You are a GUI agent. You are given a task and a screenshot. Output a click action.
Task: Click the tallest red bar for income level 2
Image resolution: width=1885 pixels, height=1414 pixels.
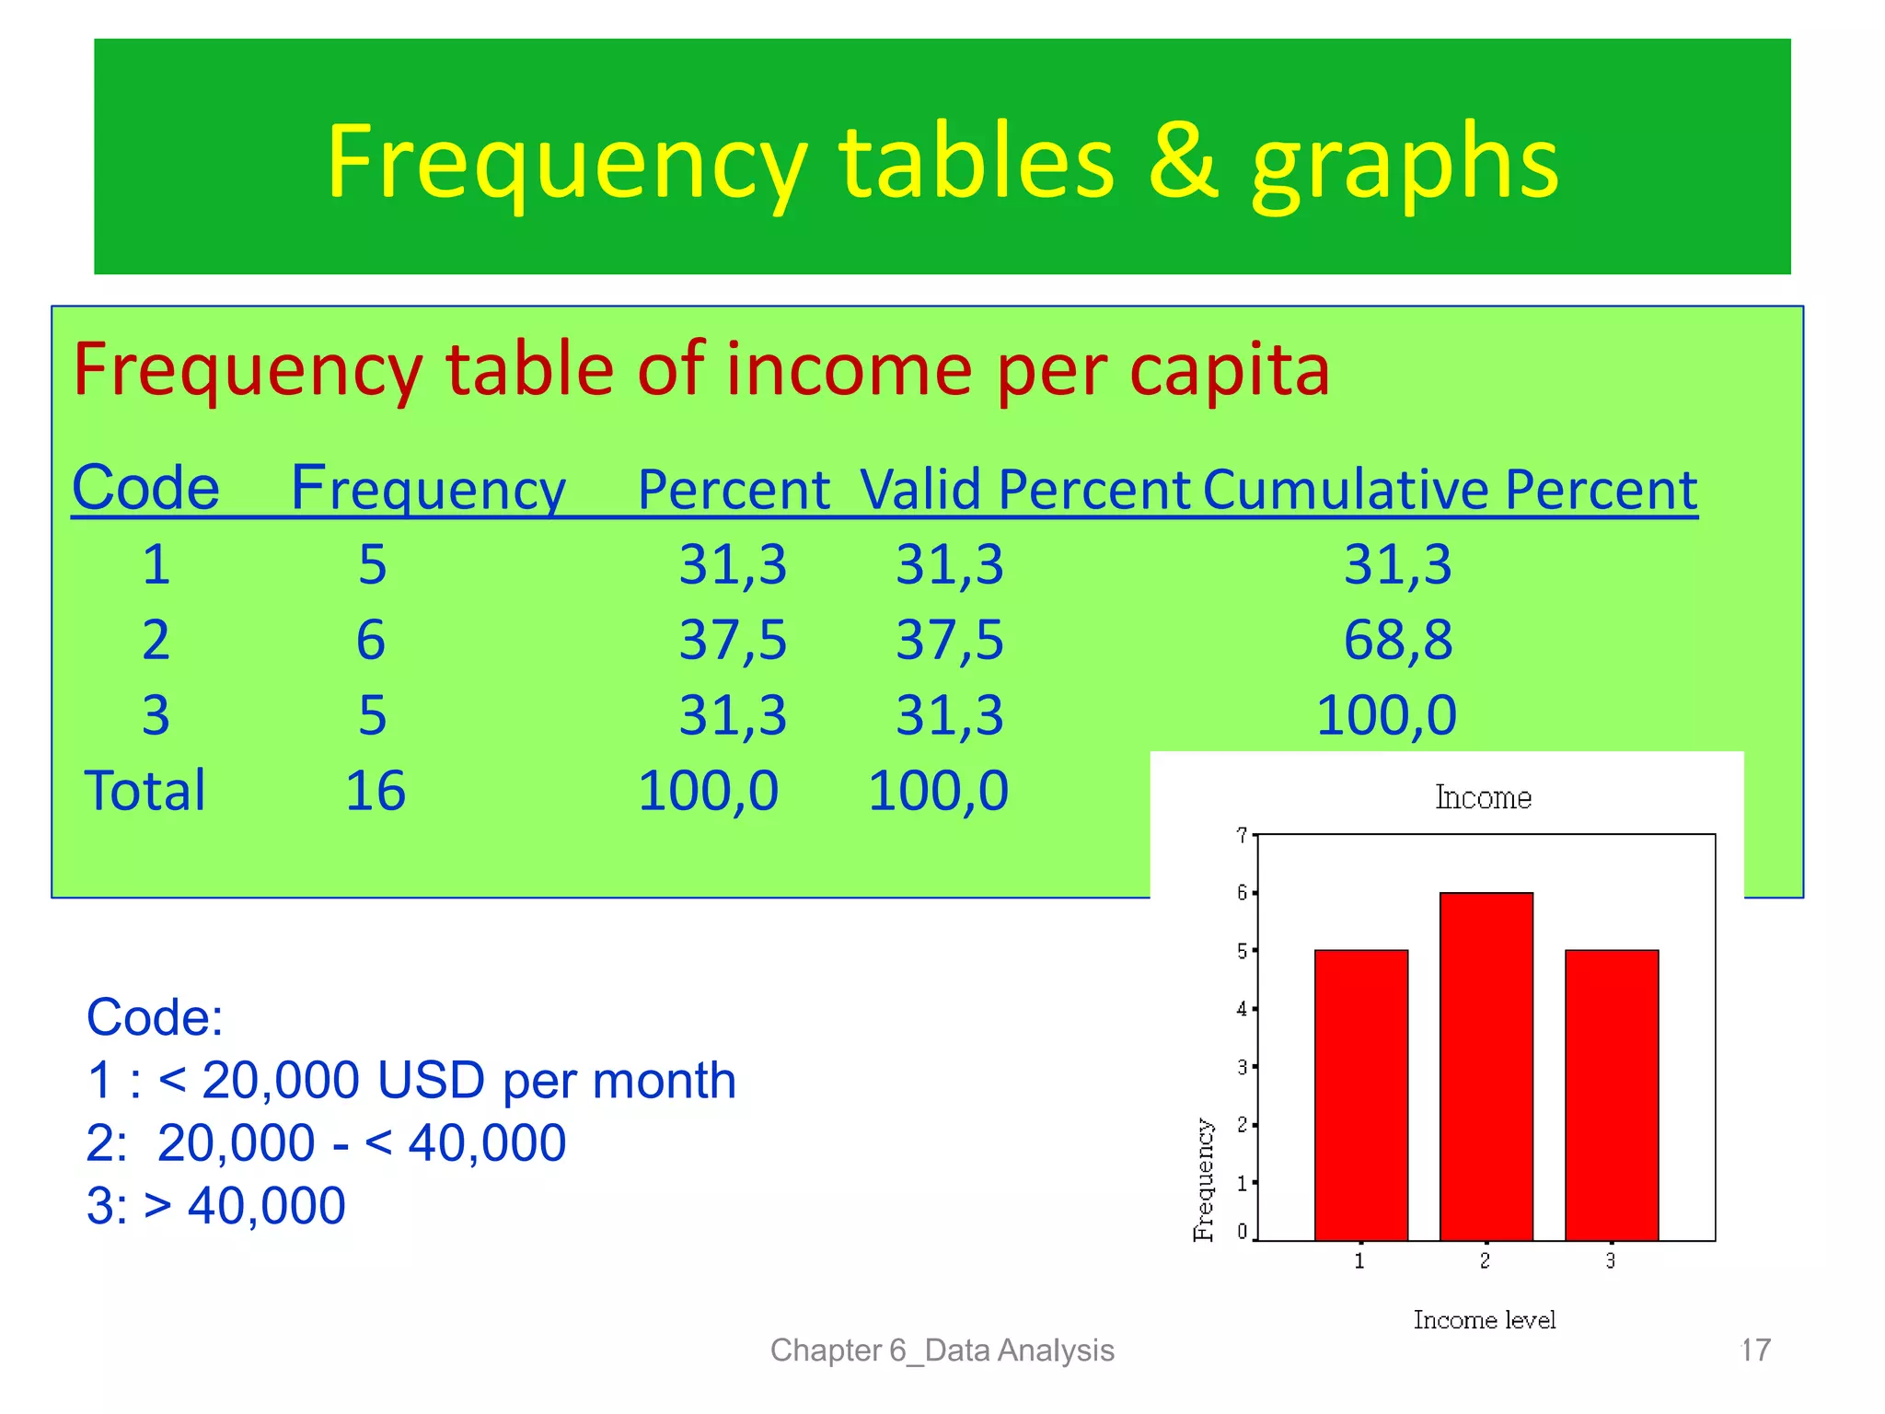coord(1486,1066)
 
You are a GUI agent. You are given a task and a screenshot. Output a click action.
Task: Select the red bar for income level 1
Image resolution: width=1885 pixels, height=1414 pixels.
coord(1360,1095)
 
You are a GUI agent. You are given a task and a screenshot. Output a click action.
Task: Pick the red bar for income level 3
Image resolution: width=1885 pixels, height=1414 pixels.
coord(1611,1095)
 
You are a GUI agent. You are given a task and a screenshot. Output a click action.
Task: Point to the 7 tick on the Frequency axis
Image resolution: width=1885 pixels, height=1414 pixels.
coord(1243,835)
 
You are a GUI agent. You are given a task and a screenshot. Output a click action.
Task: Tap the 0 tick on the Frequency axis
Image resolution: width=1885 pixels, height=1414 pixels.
coord(1243,1232)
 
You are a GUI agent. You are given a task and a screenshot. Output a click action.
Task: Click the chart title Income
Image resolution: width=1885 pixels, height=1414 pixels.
coord(1483,797)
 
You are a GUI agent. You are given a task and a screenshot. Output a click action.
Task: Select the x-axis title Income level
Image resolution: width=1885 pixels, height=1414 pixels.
coord(1484,1320)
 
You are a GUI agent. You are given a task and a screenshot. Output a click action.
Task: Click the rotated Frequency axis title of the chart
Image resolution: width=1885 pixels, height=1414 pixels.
coord(1203,1179)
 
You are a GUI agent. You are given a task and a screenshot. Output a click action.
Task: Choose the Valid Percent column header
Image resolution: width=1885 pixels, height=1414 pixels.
coord(1024,489)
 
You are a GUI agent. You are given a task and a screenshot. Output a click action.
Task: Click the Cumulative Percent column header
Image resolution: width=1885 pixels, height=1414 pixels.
coord(1450,489)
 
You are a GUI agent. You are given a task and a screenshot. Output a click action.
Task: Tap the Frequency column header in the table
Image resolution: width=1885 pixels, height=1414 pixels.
coord(428,489)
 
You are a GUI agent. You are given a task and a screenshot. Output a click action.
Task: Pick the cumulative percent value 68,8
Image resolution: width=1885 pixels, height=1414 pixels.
coord(1397,640)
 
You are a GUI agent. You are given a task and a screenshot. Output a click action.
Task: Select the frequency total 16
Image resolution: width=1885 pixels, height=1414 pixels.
coord(375,791)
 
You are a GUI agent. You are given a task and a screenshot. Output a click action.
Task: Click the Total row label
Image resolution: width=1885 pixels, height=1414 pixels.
coord(145,791)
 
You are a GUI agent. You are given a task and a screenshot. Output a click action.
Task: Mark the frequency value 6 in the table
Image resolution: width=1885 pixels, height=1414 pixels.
coord(371,640)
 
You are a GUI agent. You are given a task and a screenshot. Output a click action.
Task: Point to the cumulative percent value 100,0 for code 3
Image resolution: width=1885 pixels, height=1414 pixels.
coord(1385,715)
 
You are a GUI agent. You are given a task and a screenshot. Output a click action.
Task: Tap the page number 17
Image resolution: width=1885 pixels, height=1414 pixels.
coord(1755,1350)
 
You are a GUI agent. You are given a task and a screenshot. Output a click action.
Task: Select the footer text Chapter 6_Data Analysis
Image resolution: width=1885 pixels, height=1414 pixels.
coord(942,1350)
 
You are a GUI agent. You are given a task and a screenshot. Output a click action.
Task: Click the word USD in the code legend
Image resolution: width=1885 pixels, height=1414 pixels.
coord(430,1080)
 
